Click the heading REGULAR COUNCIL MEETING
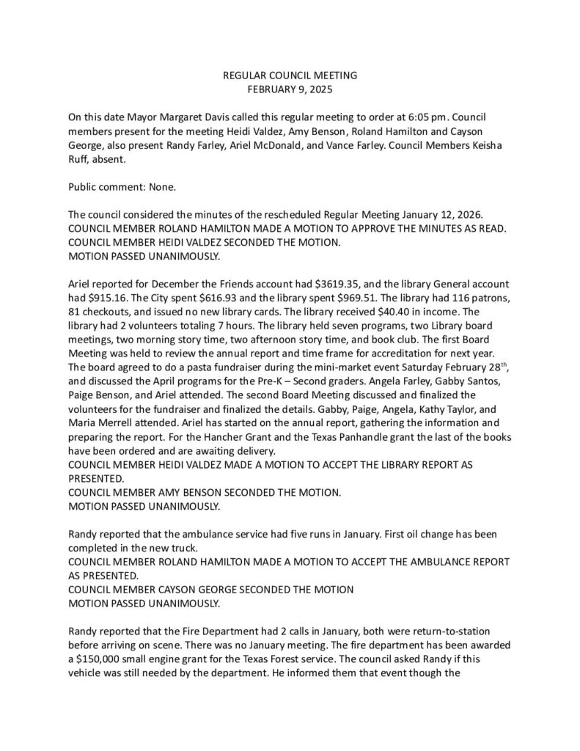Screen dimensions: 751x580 [290, 76]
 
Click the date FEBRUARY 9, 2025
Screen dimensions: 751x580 [290, 89]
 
